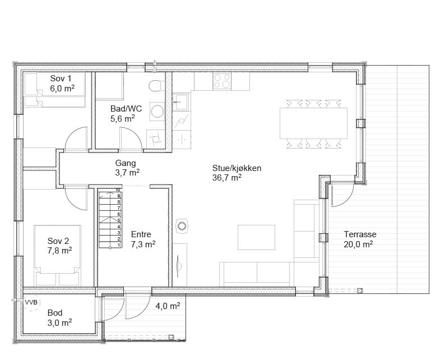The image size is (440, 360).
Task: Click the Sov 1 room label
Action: point(62,84)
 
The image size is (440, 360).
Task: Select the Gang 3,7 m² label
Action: point(127,168)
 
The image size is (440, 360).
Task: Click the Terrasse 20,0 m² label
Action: point(360,239)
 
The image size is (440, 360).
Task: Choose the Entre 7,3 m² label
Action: point(143,239)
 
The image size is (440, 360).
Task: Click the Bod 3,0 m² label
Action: point(59,318)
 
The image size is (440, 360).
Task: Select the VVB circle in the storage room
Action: point(32,302)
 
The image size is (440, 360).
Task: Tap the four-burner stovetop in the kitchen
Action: point(222,81)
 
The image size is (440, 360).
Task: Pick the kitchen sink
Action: point(180,101)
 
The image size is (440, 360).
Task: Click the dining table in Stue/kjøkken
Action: point(313,123)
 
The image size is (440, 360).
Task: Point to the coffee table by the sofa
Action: point(256,237)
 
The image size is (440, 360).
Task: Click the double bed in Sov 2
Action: point(58,255)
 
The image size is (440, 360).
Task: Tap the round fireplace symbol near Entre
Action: point(182,226)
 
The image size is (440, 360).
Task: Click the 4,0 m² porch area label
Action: point(168,306)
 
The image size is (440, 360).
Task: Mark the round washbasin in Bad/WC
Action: point(158,111)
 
